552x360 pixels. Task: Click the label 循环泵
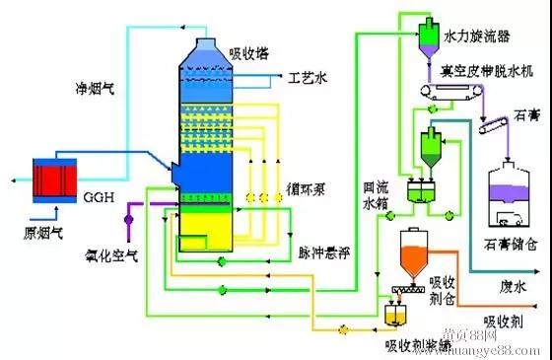pos(310,185)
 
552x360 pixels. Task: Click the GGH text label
pos(100,197)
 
